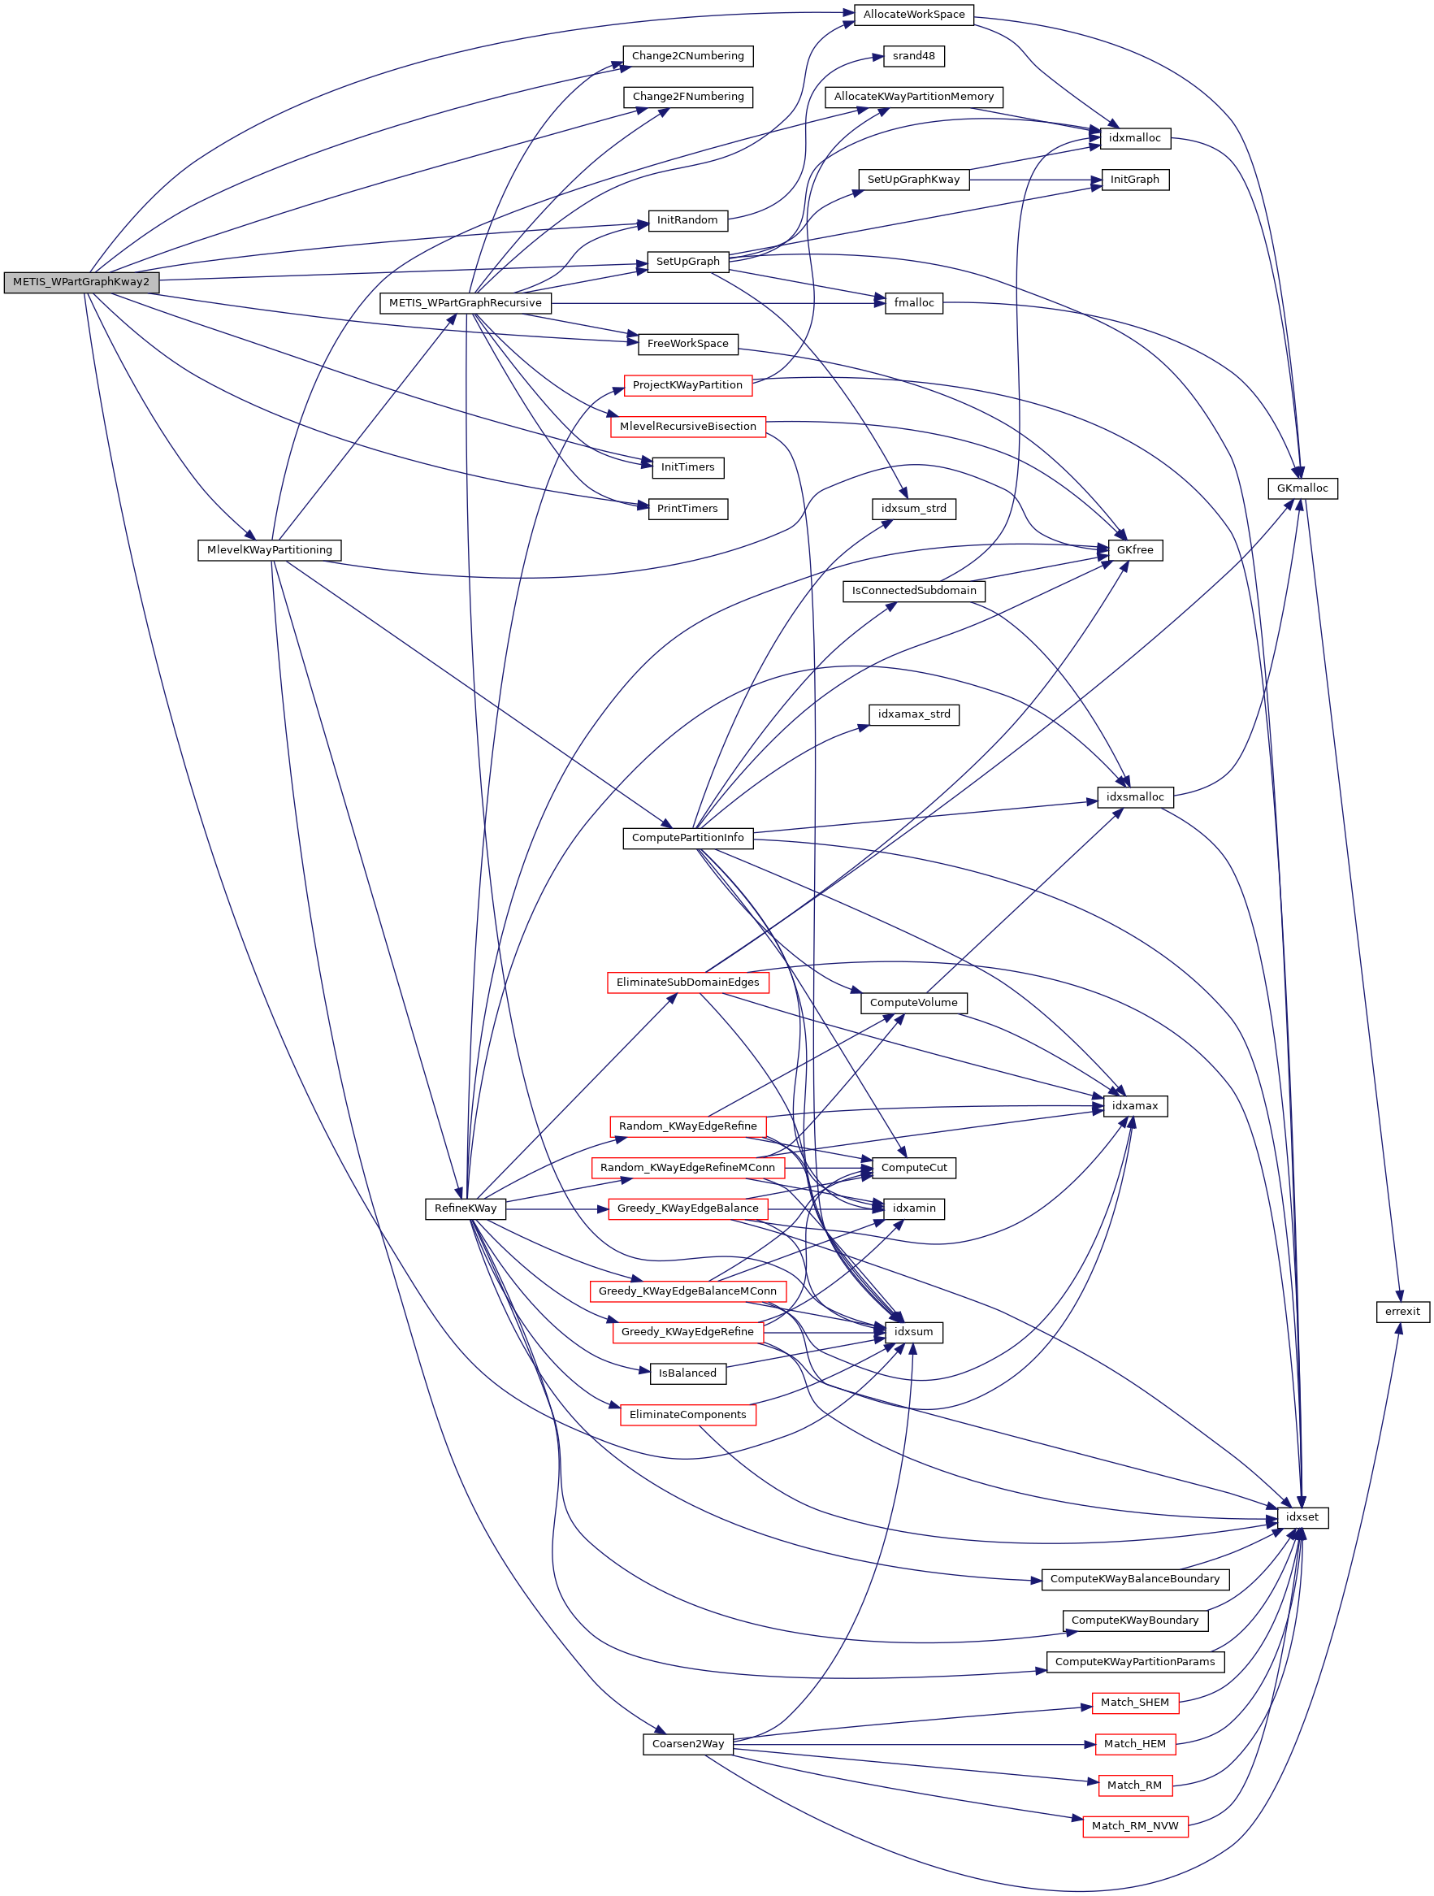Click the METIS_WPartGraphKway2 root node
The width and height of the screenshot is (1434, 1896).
pos(80,282)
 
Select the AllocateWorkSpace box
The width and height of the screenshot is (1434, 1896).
pos(914,15)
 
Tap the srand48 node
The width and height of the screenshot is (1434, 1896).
pos(914,56)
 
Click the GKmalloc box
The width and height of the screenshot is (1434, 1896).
pos(1302,488)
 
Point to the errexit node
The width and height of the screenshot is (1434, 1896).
pos(1402,1312)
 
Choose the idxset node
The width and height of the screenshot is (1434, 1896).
pos(1302,1517)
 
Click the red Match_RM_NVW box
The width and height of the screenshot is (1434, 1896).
pos(1135,1826)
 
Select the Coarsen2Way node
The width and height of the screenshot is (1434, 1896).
pos(687,1743)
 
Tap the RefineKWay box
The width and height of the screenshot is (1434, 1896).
pos(466,1208)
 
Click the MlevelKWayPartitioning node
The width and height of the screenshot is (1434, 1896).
pos(269,549)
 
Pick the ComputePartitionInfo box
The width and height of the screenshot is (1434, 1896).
pos(687,837)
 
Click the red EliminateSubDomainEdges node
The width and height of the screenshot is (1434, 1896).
pos(687,983)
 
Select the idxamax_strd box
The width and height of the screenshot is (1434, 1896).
pos(914,714)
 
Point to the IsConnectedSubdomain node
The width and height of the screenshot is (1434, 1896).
pos(914,591)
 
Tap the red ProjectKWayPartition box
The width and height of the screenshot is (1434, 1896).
pos(687,385)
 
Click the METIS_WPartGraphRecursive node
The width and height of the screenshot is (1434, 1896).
pos(466,302)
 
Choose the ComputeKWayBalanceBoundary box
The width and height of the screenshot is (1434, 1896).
pos(1135,1579)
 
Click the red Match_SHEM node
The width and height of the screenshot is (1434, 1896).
pos(1135,1703)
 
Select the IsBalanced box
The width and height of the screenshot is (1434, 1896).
pos(687,1373)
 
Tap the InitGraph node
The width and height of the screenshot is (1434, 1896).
pos(1135,179)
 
